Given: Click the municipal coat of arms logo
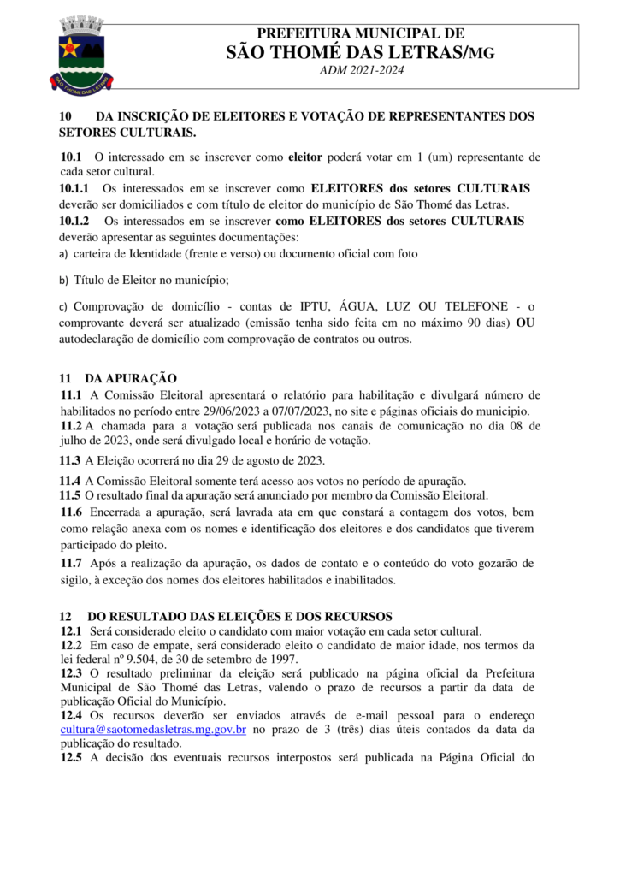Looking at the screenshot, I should pos(83,56).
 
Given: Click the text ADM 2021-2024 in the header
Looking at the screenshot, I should pos(361,70).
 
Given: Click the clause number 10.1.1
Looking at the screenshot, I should pos(76,188).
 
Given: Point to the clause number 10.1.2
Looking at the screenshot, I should pos(76,221).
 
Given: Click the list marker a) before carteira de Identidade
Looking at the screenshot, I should pos(62,255).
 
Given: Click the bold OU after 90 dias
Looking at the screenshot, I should pos(530,323).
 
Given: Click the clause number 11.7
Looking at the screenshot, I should pos(72,563).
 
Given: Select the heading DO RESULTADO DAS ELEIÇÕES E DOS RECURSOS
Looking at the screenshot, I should pos(239,616).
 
